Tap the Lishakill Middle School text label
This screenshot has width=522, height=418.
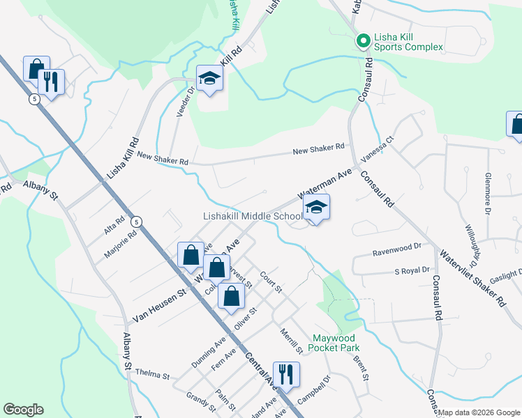tap(252, 217)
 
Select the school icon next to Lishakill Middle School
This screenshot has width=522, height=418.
tap(316, 208)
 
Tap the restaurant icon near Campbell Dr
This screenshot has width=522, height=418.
tap(286, 375)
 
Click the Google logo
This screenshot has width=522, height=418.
tap(23, 410)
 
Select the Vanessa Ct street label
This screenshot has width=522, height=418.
tap(378, 150)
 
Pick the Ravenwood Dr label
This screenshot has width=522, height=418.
tap(397, 247)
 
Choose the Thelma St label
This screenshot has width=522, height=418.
tap(153, 375)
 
